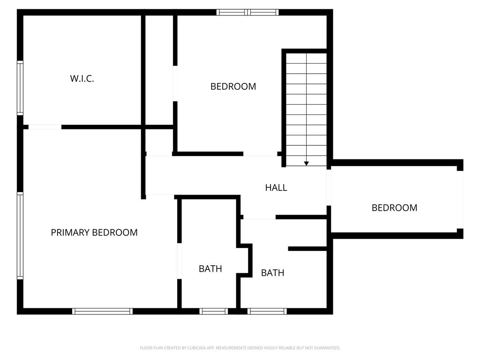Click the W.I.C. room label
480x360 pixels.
(x=82, y=79)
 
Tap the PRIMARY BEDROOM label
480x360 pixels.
(x=94, y=232)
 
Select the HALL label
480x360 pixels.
(x=276, y=187)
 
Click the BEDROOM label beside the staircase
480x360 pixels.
(x=233, y=87)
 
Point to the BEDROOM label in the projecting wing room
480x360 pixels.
(x=394, y=208)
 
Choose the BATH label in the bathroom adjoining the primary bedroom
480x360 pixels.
(x=210, y=269)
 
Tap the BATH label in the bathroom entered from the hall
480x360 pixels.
(x=272, y=273)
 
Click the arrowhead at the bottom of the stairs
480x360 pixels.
(x=306, y=164)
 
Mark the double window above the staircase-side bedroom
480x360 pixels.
(x=247, y=12)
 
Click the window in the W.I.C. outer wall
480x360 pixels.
(x=20, y=88)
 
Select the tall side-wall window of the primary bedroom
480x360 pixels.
(x=20, y=236)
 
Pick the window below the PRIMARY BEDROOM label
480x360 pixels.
(x=103, y=311)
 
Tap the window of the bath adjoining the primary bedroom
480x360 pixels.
(x=214, y=311)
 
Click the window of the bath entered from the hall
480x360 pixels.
(x=267, y=311)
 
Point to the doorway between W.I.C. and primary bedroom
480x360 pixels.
(x=45, y=127)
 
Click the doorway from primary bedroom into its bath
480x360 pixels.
(x=180, y=261)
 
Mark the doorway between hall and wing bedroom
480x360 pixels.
(x=329, y=187)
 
